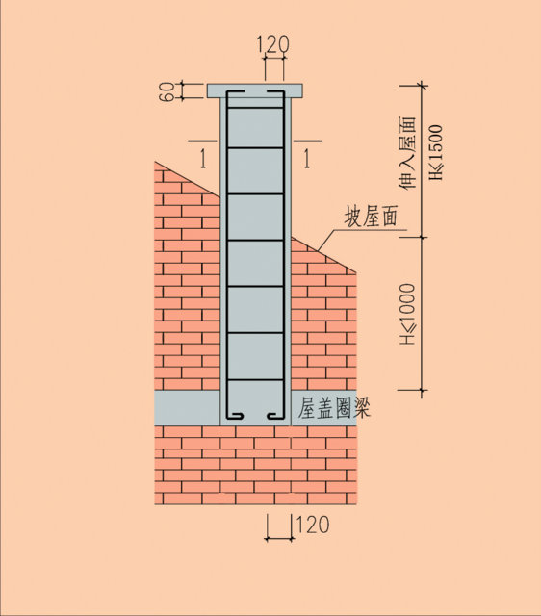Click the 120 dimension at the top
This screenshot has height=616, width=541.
pos(273,44)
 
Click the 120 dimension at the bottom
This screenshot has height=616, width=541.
pos(312,525)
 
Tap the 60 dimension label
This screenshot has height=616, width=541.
pos(167,92)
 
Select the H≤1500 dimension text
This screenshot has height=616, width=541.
pos(436,152)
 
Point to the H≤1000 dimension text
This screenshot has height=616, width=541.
pos(407,314)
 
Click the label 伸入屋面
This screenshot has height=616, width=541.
pos(407,152)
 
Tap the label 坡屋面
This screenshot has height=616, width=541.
pos(371,216)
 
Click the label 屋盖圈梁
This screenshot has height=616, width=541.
pos(334,408)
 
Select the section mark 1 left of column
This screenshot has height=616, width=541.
pos(203,159)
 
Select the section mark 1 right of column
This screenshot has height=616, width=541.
pos(306,159)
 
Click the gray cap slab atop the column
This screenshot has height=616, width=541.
pos(255,90)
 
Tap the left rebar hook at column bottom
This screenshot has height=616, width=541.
pos(235,416)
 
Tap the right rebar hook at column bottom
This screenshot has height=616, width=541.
pos(276,416)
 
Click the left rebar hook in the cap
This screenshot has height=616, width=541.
pos(235,92)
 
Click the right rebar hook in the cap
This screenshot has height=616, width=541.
pos(275,92)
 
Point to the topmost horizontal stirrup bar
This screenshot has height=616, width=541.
pos(255,107)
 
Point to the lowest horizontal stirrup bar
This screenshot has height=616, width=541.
pos(255,380)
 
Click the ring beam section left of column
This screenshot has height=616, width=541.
pos(187,408)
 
